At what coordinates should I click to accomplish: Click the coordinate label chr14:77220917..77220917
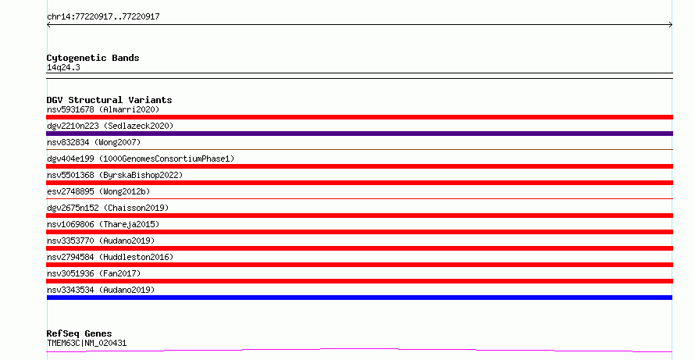tap(103, 17)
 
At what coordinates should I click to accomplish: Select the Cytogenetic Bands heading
tap(93, 58)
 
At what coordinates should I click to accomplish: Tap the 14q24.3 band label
tap(63, 67)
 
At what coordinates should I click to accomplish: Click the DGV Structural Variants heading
tap(109, 100)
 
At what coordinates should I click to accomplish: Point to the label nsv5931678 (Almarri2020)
tap(103, 109)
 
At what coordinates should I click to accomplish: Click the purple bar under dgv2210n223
tap(359, 134)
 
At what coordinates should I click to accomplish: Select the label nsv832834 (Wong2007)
tap(94, 142)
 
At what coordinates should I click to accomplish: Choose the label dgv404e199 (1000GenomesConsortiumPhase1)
tap(141, 159)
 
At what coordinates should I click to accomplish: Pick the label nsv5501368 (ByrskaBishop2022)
tap(115, 175)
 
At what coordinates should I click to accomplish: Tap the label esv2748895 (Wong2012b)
tap(98, 191)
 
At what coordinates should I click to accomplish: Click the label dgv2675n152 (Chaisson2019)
tap(108, 208)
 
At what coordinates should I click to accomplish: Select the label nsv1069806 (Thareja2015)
tap(103, 224)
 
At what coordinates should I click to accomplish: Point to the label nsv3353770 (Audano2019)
tap(101, 241)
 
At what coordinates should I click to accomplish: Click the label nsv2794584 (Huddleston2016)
tap(110, 257)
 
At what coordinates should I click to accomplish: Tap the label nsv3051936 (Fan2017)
tap(94, 273)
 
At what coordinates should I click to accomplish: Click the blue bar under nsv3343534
tap(359, 298)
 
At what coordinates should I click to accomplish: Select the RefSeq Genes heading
tap(79, 333)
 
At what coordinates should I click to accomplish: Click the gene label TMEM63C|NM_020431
tap(87, 343)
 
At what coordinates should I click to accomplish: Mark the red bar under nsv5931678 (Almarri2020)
tap(359, 117)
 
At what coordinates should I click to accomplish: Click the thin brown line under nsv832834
tap(359, 150)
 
